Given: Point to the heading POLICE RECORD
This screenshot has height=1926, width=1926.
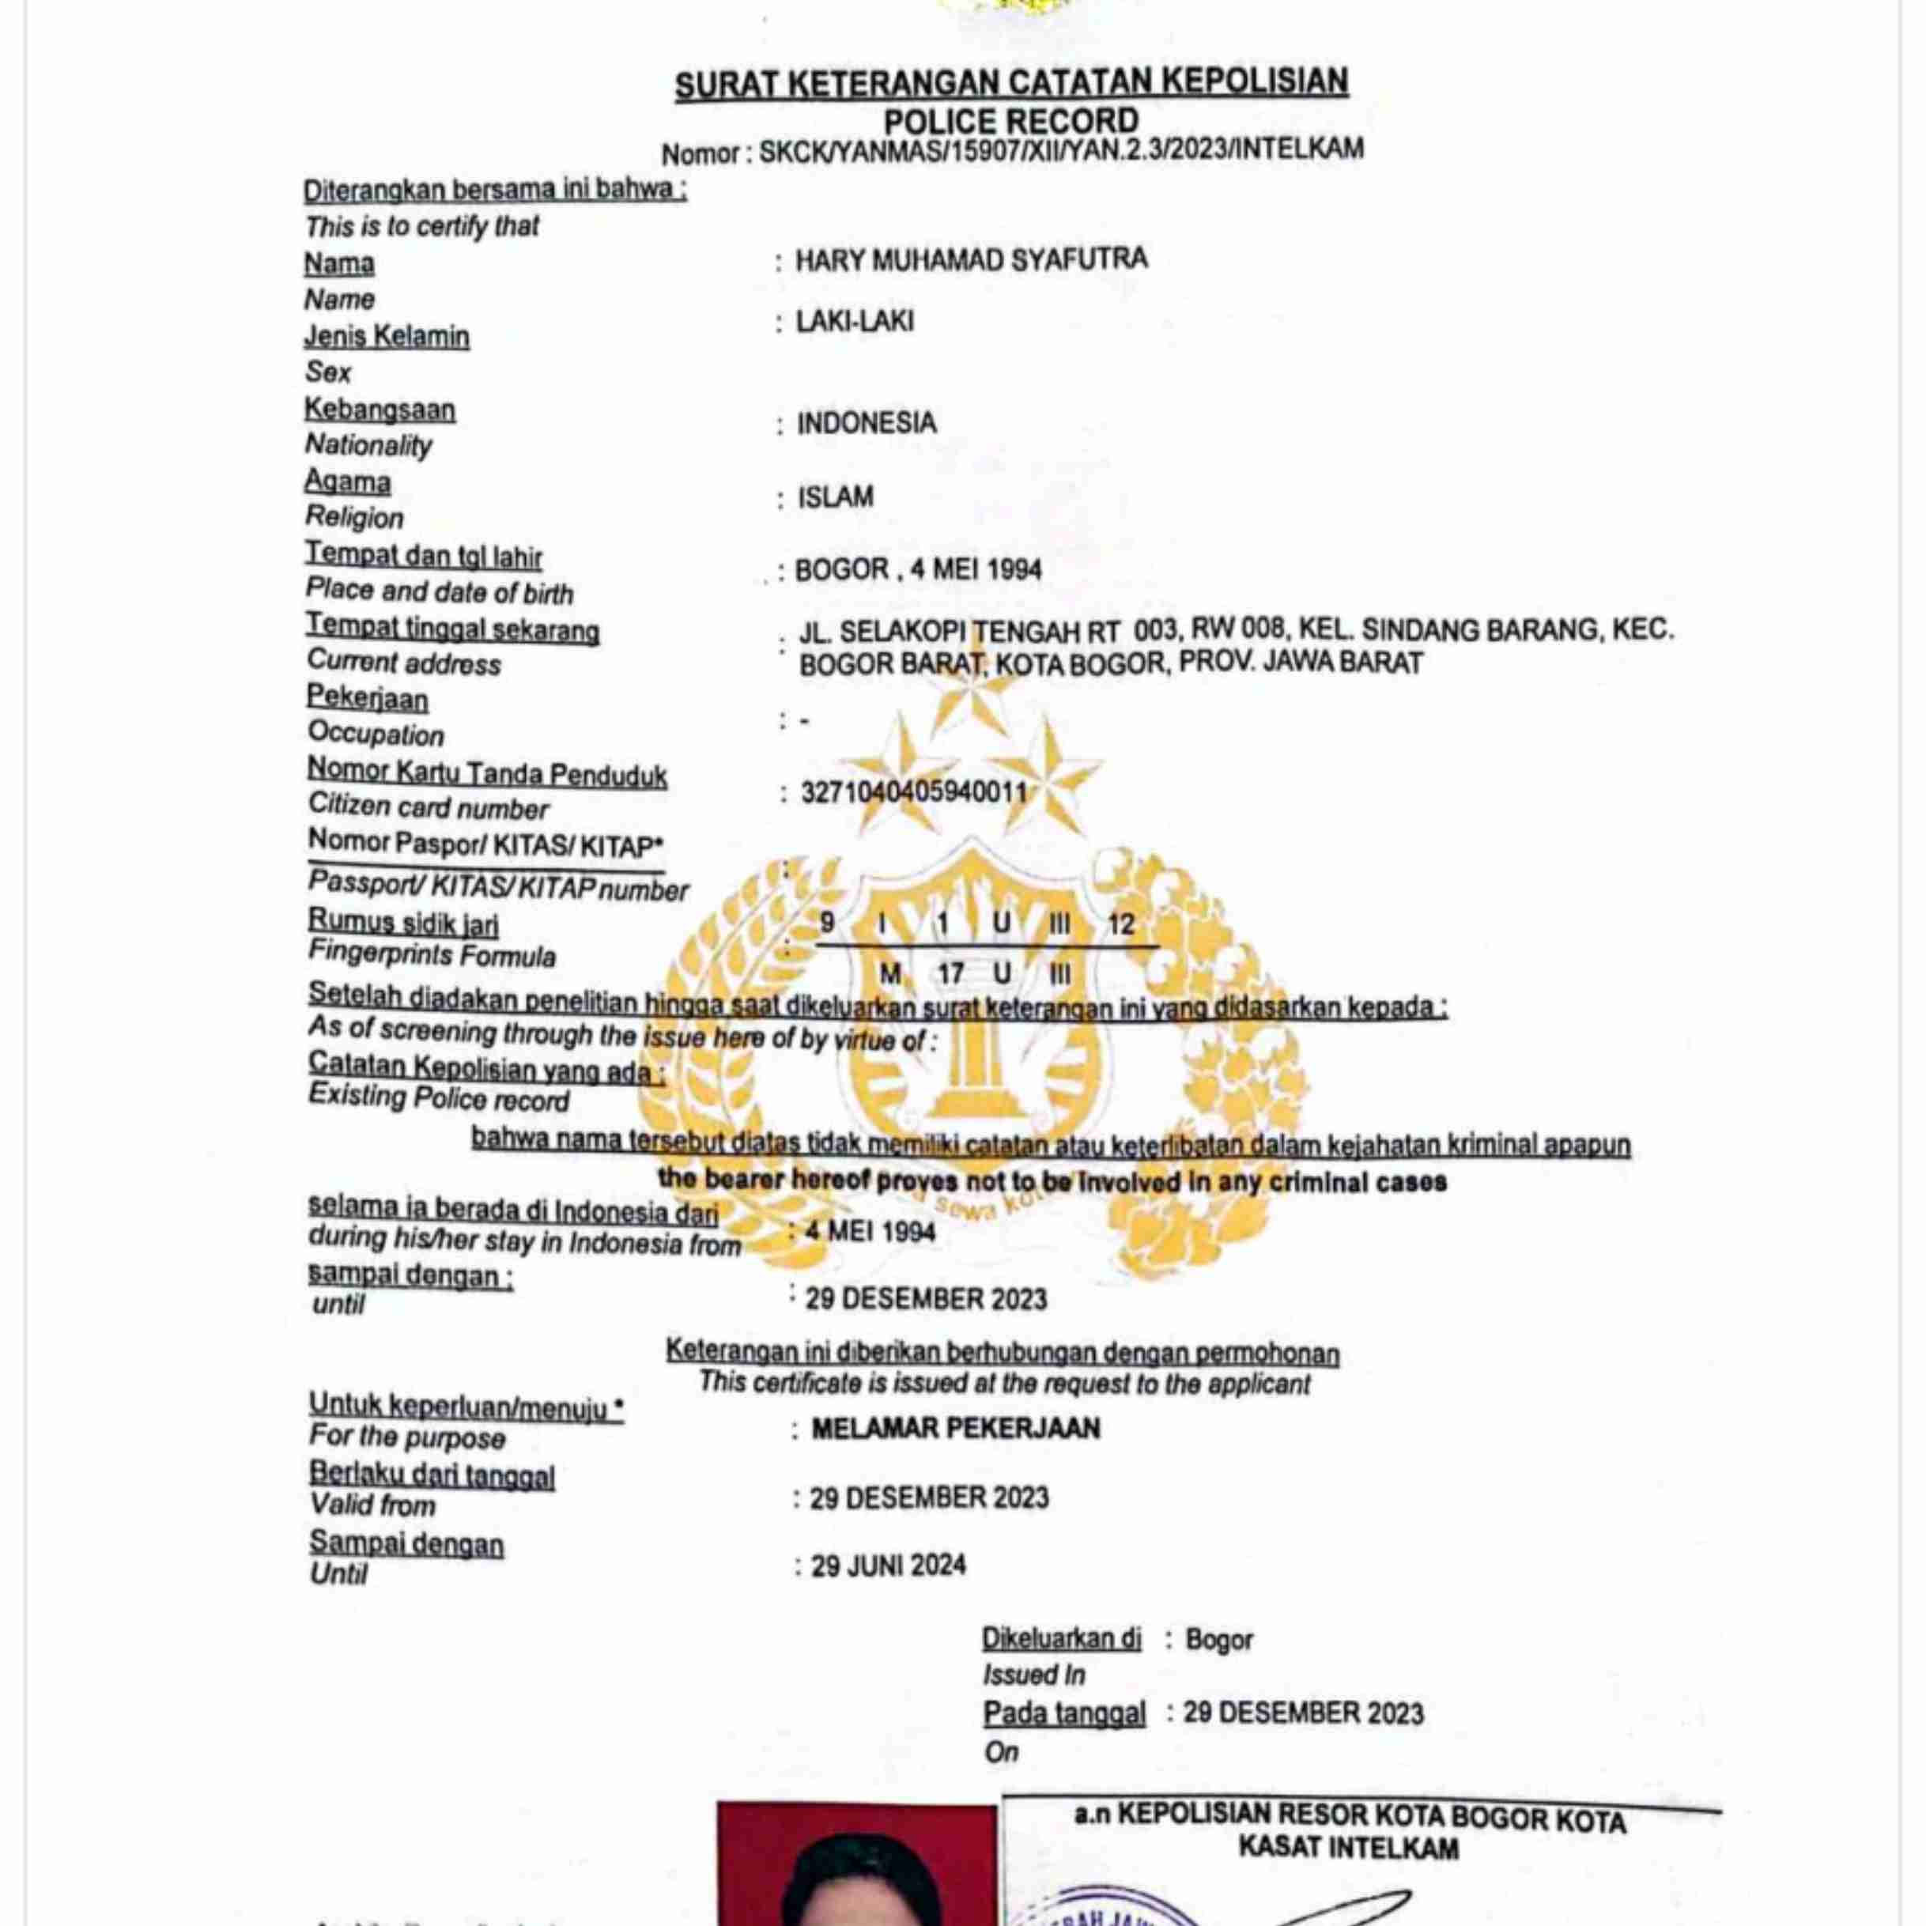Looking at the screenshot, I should tap(1011, 121).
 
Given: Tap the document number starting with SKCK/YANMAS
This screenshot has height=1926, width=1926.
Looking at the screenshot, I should tap(1061, 150).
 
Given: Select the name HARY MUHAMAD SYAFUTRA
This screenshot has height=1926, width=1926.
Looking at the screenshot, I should tap(971, 260).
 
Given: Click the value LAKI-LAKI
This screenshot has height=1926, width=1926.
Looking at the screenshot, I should tap(855, 322).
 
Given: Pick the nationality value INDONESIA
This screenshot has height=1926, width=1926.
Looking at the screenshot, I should tap(867, 424).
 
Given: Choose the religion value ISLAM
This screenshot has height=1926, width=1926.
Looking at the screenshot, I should tap(836, 497).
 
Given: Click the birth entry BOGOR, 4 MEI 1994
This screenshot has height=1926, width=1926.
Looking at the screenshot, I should tap(918, 570).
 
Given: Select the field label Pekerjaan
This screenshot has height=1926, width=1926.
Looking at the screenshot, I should tap(367, 698).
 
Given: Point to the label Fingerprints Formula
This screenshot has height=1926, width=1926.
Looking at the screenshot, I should tap(432, 955).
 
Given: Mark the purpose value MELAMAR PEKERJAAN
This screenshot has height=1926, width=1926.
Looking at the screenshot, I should tap(955, 1429).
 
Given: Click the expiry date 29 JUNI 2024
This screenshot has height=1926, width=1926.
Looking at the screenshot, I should tap(888, 1565).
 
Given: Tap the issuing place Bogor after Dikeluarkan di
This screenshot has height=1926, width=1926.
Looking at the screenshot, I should tap(1218, 1640).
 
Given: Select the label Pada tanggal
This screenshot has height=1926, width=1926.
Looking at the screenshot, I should tap(1063, 1713).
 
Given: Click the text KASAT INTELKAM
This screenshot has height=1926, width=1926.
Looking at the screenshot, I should tap(1348, 1847).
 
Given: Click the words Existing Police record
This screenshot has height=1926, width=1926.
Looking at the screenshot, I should tap(439, 1098).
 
